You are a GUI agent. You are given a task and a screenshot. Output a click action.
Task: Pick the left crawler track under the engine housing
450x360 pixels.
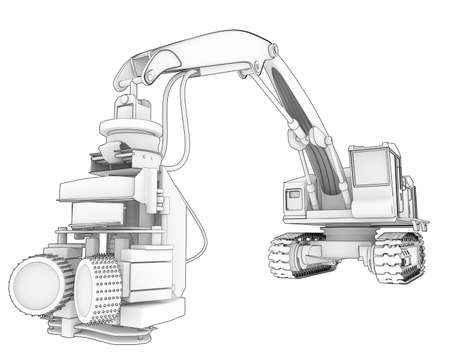click(x=295, y=258)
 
